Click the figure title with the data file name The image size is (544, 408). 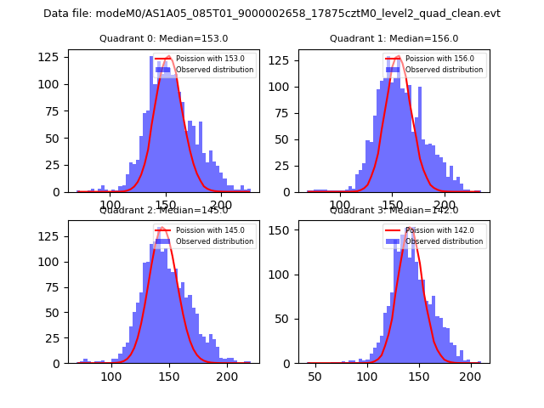point(272,14)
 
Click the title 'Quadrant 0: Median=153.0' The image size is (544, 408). point(163,38)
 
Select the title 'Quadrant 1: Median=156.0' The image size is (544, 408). point(394,38)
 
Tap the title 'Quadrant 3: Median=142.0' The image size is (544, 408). point(394,210)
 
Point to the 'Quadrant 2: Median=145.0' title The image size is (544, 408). point(163,210)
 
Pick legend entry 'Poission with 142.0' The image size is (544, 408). point(435,230)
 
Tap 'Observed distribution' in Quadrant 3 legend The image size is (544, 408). point(445,241)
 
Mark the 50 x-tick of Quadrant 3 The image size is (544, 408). point(314,377)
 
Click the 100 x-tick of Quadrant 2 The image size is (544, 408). point(111,377)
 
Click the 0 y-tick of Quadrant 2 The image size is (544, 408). point(59,364)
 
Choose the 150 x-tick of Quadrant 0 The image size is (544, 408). point(166,205)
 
